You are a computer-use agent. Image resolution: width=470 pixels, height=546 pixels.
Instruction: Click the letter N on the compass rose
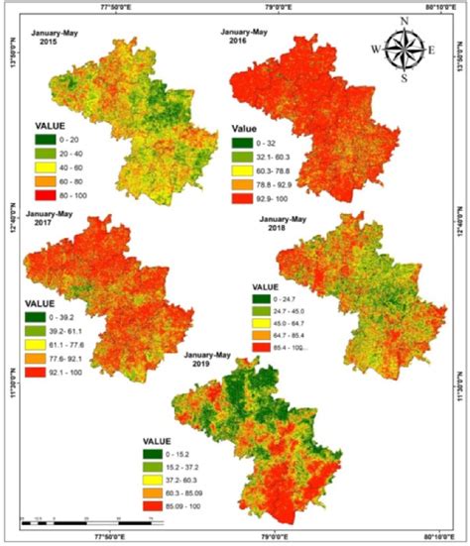(x=404, y=21)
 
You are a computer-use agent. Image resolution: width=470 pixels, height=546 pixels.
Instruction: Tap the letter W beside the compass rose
(x=376, y=48)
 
